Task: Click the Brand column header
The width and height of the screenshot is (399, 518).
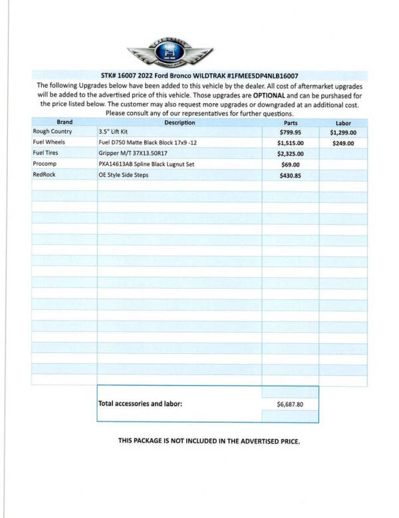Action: pyautogui.click(x=65, y=122)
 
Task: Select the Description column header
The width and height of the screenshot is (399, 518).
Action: pyautogui.click(x=180, y=122)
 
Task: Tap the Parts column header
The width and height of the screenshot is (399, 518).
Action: pyautogui.click(x=291, y=123)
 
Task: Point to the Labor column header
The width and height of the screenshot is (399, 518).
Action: pyautogui.click(x=343, y=123)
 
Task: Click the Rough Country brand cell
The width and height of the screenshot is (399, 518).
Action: pyautogui.click(x=53, y=132)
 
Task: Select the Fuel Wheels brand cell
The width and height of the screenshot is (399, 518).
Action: pyautogui.click(x=49, y=142)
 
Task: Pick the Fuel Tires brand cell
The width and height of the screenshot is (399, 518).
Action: pyautogui.click(x=47, y=153)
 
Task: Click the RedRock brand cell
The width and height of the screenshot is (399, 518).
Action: pyautogui.click(x=45, y=174)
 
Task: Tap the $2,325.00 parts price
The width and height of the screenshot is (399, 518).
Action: pyautogui.click(x=291, y=154)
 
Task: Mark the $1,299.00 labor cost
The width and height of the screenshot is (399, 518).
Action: pyautogui.click(x=343, y=132)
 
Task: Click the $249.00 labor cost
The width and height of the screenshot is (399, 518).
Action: pyautogui.click(x=343, y=143)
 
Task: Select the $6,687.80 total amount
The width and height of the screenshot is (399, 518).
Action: pyautogui.click(x=290, y=404)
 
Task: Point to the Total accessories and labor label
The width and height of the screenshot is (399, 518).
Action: pyautogui.click(x=140, y=404)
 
